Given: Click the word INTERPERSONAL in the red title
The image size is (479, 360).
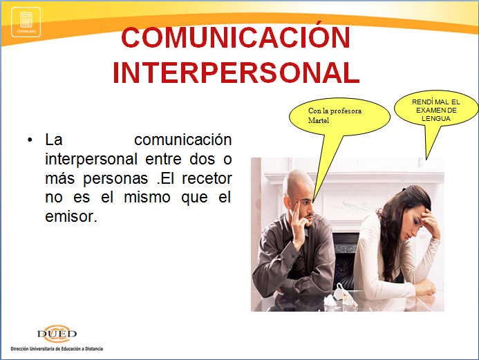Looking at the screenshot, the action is tap(236, 73).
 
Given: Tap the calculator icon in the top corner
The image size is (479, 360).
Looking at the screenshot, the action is tap(26, 22).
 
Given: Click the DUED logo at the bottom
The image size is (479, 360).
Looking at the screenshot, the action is tap(57, 333).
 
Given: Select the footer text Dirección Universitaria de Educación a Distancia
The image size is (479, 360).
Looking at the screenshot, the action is tap(57, 349).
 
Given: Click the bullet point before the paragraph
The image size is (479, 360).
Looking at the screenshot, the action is tap(30, 140).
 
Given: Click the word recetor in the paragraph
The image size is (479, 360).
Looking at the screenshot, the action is tap(207, 178).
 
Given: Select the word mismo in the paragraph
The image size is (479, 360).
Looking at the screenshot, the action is tap(147, 197).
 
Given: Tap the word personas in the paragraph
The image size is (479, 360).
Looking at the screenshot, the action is tap(115, 179).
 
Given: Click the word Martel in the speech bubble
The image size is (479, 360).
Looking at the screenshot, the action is tap(319, 120).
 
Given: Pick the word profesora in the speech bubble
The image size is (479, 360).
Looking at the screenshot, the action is tap(346, 111).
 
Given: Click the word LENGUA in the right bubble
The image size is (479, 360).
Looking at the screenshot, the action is tap(436, 118).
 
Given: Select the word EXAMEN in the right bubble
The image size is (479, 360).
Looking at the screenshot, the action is tap(430, 111).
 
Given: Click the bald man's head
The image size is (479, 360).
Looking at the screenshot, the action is tap(298, 187).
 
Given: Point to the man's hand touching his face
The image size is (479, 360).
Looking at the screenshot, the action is tap(298, 226).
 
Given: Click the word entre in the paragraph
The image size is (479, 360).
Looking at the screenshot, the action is tap(163, 160).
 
